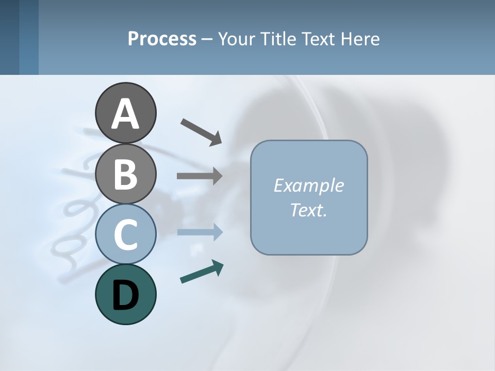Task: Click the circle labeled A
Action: point(125,113)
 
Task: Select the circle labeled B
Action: point(125,174)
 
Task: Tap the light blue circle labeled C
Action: point(125,234)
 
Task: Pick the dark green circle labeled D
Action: point(125,294)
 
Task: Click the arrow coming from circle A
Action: point(201,131)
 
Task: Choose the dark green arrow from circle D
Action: point(202,272)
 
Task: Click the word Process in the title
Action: point(162,39)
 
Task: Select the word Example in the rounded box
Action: point(308,185)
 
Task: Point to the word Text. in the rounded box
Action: point(308,210)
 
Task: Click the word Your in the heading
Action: point(236,39)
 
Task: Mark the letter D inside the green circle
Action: point(125,295)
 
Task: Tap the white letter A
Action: point(125,114)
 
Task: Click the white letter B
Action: point(125,174)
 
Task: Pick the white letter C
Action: point(125,234)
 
